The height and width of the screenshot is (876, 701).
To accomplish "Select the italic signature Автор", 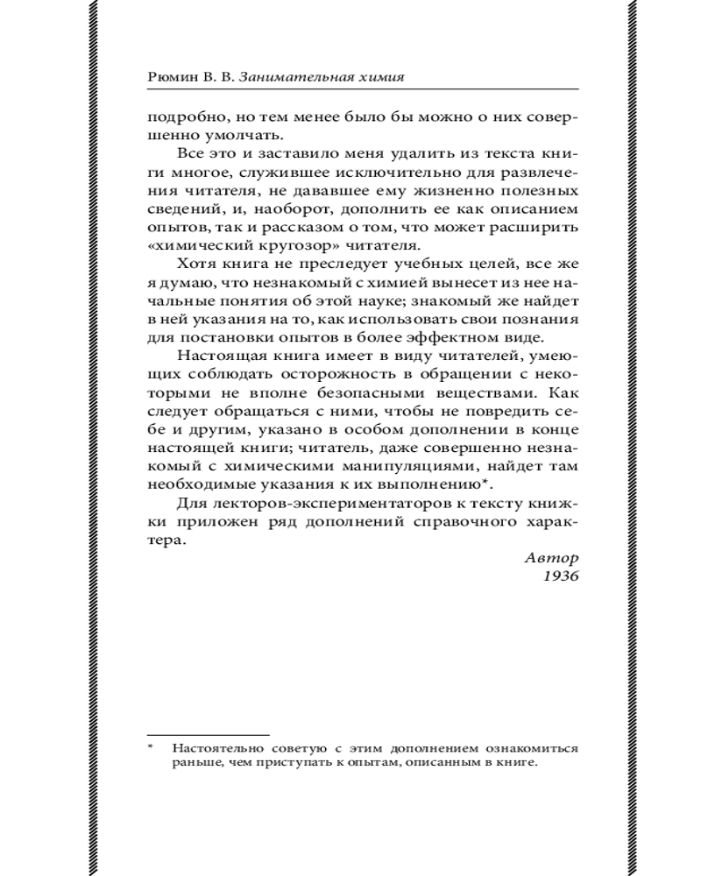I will coord(552,557).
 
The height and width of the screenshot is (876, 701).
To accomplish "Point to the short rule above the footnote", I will coord(208,734).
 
